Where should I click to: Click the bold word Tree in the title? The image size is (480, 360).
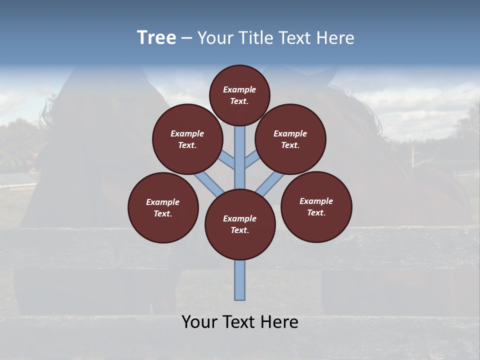coord(156,38)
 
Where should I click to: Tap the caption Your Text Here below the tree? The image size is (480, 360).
coord(239,322)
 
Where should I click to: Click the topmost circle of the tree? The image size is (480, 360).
coord(239,95)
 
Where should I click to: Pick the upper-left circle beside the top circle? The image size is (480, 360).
coord(187,139)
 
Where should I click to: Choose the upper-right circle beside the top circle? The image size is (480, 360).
coord(290,139)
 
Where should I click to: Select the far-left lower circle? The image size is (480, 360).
coord(163,207)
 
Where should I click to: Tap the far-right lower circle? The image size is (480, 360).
coord(316,206)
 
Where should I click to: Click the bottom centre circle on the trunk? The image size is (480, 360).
coord(240,224)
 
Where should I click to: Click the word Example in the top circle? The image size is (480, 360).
coord(239,89)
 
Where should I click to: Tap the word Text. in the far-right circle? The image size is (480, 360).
coord(316,212)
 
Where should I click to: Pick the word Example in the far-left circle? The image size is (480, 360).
coord(163,202)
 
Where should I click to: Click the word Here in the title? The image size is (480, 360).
coord(336,38)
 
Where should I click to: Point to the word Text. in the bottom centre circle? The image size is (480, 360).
coord(240,230)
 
